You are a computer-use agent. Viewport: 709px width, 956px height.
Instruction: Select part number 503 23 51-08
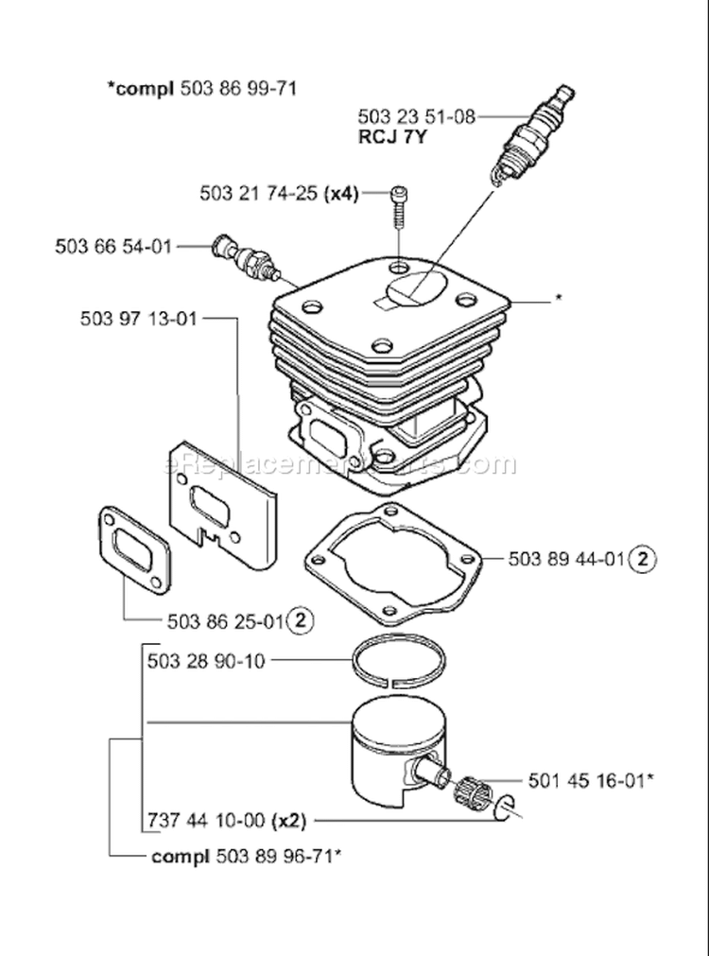pyautogui.click(x=416, y=116)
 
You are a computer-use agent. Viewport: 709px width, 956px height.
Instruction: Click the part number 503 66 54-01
pyautogui.click(x=113, y=247)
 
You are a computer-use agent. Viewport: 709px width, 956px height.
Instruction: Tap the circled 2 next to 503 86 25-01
pyautogui.click(x=301, y=620)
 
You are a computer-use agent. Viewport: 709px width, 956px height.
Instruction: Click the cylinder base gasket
pyautogui.click(x=392, y=567)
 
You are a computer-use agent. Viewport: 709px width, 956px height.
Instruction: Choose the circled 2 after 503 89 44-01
pyautogui.click(x=643, y=559)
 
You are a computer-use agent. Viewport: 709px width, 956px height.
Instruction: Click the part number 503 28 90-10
pyautogui.click(x=206, y=661)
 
